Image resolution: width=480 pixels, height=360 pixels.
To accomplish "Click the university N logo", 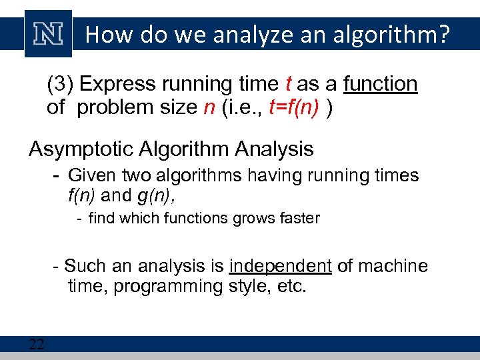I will click(48, 34).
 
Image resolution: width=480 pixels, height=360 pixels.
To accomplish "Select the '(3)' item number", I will click(60, 85).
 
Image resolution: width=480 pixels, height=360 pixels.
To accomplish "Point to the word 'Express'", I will click(117, 85).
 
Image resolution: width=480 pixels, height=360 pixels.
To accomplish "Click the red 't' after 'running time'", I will click(288, 85).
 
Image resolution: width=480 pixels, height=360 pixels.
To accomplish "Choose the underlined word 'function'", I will click(380, 85).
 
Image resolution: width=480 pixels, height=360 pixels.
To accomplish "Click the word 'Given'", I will click(93, 176).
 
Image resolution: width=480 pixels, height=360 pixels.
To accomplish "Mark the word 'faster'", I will click(297, 218).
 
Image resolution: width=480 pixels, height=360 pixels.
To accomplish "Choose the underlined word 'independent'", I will click(280, 267).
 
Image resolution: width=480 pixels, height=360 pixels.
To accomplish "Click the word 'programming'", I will click(175, 287).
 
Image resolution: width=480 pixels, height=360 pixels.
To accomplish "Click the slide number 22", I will click(36, 345).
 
